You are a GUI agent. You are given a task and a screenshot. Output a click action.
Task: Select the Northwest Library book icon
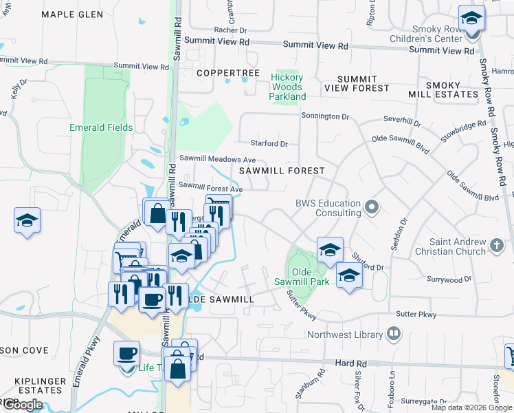click(394, 335)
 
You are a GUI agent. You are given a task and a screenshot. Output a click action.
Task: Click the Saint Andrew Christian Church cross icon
click(498, 244)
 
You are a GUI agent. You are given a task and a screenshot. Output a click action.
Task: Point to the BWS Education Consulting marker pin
click(372, 206)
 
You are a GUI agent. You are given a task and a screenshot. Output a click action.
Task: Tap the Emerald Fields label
click(101, 127)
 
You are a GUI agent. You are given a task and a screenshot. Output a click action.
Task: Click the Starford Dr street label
click(269, 144)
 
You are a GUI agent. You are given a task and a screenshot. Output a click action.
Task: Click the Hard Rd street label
click(352, 361)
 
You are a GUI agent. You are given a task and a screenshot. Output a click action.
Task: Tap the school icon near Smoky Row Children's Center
click(471, 18)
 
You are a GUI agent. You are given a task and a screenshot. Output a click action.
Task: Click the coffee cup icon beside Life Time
click(126, 354)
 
